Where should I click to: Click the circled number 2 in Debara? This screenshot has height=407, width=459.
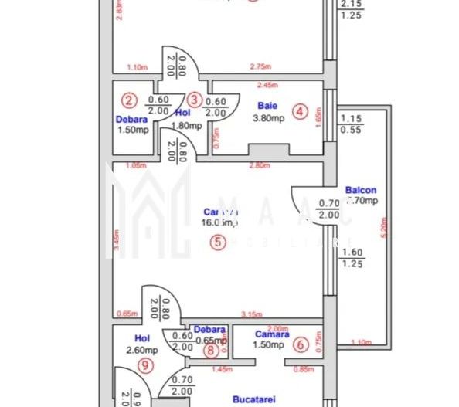pos(129,99)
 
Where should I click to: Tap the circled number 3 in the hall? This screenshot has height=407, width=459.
pos(195,99)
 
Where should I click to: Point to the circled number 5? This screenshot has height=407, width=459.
pos(219,243)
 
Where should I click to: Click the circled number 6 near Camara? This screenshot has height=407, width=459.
pos(301,345)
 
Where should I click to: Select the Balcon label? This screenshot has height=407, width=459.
pos(361,190)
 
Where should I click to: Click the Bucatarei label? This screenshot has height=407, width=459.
pos(255,400)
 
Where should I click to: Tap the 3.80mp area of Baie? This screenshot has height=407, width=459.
pos(269,118)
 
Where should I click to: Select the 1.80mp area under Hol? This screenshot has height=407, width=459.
pos(186,125)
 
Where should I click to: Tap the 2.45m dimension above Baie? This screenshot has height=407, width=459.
pos(267,86)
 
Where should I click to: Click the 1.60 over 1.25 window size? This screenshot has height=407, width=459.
pos(352,257)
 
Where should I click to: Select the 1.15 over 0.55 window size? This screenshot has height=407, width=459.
pos(352,124)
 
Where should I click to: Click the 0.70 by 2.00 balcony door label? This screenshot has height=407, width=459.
pos(328,209)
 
